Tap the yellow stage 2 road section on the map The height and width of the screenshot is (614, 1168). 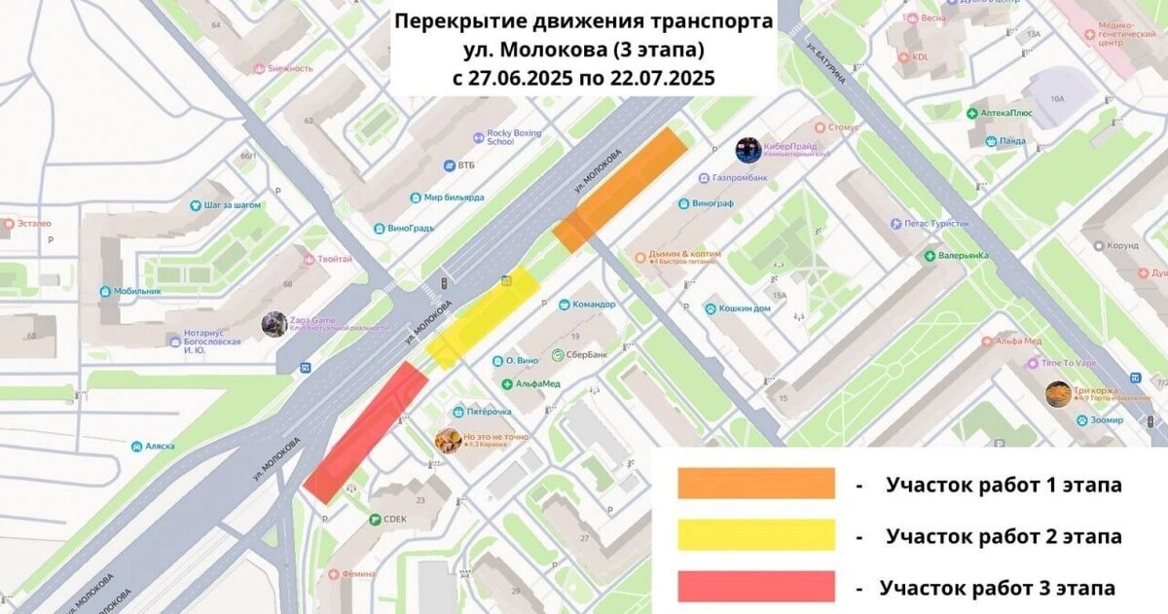click(x=484, y=316)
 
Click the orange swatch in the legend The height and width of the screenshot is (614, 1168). click(x=756, y=484)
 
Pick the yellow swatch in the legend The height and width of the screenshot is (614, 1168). click(x=756, y=535)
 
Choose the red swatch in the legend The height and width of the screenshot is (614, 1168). click(x=756, y=587)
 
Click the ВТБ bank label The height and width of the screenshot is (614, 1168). click(x=470, y=165)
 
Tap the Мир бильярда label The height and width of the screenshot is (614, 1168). click(x=454, y=197)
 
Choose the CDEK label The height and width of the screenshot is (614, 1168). click(x=394, y=520)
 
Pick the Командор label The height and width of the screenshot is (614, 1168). click(x=594, y=304)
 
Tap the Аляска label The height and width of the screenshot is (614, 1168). click(x=159, y=446)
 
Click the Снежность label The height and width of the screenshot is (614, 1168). click(x=290, y=68)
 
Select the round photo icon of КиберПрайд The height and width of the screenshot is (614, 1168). click(x=748, y=150)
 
